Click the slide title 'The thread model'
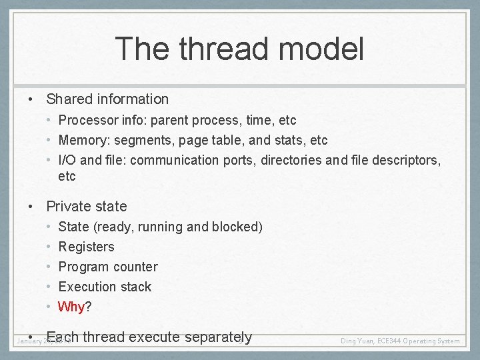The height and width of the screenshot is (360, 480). [x=239, y=49]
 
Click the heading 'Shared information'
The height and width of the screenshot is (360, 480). [x=107, y=99]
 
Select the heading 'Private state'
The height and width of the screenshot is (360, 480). [x=86, y=207]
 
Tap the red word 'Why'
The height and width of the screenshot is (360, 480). [x=71, y=307]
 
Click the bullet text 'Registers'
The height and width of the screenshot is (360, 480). [x=86, y=247]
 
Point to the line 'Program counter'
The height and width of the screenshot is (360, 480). [x=108, y=267]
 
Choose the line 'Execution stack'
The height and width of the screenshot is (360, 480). [x=105, y=287]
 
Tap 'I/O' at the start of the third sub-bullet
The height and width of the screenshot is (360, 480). [x=67, y=161]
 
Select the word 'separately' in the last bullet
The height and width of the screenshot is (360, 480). [x=219, y=337]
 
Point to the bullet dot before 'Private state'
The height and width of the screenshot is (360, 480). [x=31, y=207]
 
